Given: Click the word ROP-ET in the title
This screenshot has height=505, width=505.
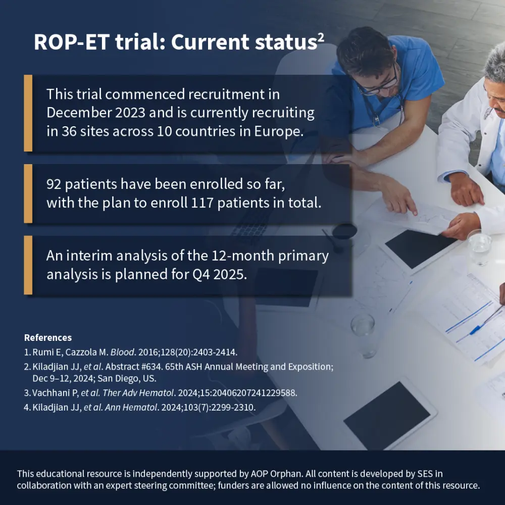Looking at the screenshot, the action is point(72,42).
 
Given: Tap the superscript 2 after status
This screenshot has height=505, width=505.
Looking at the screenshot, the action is point(321,37).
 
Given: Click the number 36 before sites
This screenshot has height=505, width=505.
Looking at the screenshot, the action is point(69,131).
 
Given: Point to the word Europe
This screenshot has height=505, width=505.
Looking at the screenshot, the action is point(279,132).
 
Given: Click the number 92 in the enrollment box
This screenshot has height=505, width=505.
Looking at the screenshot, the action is point(54,184).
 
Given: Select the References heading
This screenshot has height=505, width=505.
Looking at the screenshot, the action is point(48,337).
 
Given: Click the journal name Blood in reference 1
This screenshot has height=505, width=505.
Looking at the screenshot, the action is point(122,352).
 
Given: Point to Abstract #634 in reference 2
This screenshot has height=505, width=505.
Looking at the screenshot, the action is point(134,367).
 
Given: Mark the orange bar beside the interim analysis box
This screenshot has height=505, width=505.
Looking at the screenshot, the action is point(28,265).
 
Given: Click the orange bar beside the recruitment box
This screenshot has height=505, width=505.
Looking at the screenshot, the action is point(28,113).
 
